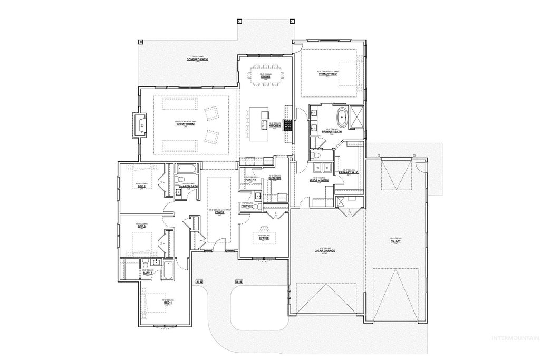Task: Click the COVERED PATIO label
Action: tap(198, 59)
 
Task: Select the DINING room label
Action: tap(266, 77)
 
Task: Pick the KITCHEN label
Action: tap(275, 125)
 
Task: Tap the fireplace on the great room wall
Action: tap(141, 125)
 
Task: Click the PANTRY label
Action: tap(250, 180)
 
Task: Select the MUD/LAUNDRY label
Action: tap(319, 180)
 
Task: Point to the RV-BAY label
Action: tap(396, 241)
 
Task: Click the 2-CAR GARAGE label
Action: tap(325, 250)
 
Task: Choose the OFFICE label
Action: tap(264, 238)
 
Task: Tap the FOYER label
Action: tap(219, 213)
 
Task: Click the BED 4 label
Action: tap(168, 303)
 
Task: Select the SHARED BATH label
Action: tap(188, 186)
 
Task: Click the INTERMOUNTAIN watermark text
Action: tap(514, 338)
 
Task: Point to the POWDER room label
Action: tap(247, 206)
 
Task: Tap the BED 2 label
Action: tap(141, 186)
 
